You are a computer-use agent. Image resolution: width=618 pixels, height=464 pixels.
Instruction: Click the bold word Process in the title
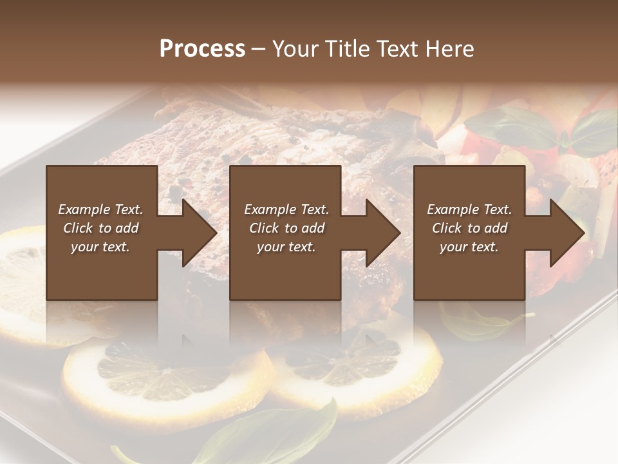(202, 49)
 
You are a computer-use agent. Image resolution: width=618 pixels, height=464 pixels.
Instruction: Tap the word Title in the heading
(343, 49)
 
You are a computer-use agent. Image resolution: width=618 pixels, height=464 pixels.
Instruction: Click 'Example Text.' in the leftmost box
(101, 209)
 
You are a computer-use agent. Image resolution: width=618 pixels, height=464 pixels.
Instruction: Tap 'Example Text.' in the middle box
(286, 209)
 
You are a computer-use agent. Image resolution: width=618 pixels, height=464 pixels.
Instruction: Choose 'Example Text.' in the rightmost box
(469, 209)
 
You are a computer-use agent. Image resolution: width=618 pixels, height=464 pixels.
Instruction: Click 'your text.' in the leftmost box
(100, 247)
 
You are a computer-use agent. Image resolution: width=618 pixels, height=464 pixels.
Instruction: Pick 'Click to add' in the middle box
(286, 228)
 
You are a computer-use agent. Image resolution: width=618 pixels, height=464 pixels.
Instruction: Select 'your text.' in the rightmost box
(469, 247)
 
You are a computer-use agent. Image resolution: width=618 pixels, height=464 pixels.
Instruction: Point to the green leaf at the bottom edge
(277, 435)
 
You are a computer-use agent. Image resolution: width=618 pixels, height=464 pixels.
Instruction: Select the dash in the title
(258, 49)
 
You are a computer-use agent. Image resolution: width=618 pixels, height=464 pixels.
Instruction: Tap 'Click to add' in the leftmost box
(101, 228)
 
